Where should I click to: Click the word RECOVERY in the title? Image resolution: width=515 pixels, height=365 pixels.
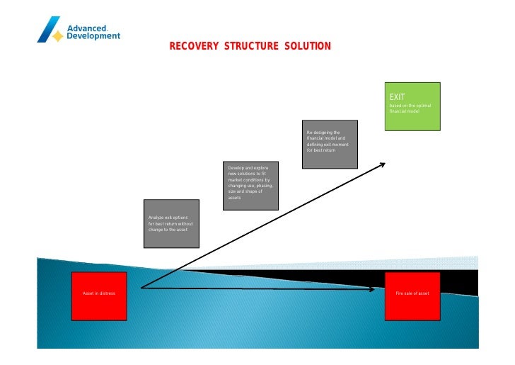pos(194,47)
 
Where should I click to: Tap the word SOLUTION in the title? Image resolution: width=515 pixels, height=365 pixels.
pos(308,47)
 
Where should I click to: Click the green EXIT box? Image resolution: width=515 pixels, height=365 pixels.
pos(412,106)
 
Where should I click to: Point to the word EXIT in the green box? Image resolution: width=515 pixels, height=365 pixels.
pos(398,96)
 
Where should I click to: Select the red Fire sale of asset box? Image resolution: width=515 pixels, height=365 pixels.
pos(412,296)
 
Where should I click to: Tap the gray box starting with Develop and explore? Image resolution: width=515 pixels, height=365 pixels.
pos(250,186)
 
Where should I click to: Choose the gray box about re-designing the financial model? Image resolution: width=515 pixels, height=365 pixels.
pos(330,144)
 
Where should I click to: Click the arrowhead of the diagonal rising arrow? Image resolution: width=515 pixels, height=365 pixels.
pos(382,164)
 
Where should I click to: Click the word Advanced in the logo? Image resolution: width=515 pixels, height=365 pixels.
pos(86,28)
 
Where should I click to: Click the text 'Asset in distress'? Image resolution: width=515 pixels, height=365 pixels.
pos(99,293)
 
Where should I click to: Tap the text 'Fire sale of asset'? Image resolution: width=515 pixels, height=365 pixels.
pos(412,293)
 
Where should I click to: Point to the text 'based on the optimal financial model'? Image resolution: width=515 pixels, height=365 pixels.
pos(410,108)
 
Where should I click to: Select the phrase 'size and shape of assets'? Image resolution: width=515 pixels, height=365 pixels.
pos(245,194)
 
